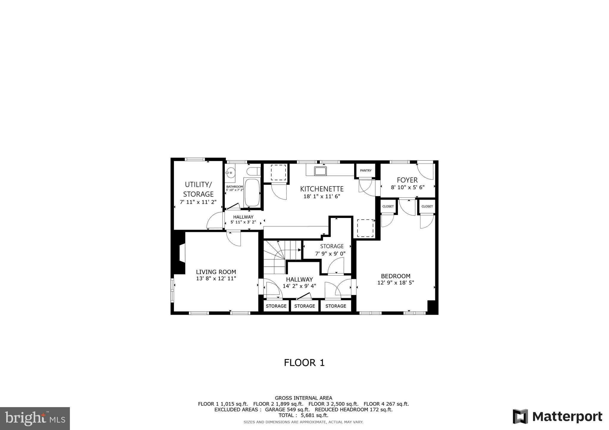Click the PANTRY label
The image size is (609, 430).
point(365,170)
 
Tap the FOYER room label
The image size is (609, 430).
point(407,180)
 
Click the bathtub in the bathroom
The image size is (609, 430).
point(252,192)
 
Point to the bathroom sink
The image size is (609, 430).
point(230,172)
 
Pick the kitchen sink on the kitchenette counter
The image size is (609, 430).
point(321,171)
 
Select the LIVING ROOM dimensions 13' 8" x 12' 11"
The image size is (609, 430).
point(216,279)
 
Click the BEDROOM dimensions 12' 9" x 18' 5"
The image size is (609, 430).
point(395,283)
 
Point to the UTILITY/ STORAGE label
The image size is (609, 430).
point(198,189)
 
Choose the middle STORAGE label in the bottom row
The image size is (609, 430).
point(304,306)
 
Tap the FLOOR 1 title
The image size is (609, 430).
point(304,363)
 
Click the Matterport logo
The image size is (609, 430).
point(558,416)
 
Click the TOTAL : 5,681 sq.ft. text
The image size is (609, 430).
point(303,415)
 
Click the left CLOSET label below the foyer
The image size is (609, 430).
point(388,206)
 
